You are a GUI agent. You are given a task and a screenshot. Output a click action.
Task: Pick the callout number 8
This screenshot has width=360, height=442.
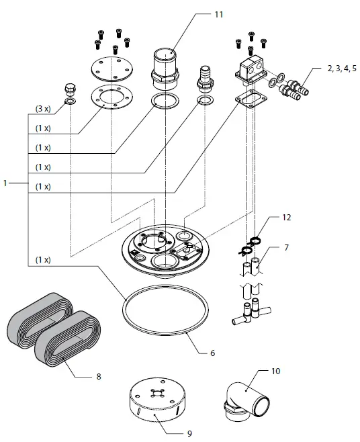(98, 377)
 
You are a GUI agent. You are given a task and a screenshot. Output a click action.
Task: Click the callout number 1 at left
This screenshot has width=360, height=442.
(6, 183)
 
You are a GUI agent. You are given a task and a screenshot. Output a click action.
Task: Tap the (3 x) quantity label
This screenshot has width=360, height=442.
(43, 108)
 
